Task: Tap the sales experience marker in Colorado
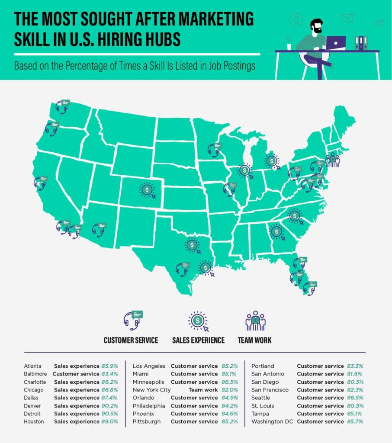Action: [x=148, y=189]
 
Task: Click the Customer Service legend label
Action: [x=131, y=340]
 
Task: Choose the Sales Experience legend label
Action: [x=199, y=340]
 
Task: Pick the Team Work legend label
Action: [x=254, y=340]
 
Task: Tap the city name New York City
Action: [x=151, y=390]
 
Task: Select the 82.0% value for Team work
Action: [x=228, y=390]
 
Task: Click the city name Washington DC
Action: [x=272, y=421]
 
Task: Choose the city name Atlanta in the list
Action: [x=32, y=366]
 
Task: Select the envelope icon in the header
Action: [x=347, y=18]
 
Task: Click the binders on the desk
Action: [x=360, y=43]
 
